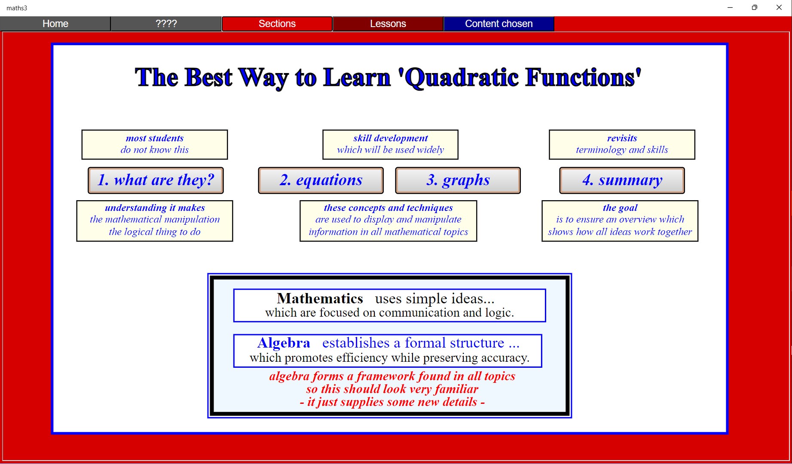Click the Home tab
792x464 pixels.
coord(55,24)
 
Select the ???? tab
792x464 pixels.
coord(166,24)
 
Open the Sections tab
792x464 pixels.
coord(277,24)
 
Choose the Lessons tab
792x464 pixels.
coord(388,24)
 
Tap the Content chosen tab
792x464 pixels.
coord(499,24)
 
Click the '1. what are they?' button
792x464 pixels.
coord(156,180)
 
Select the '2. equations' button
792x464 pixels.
coord(321,180)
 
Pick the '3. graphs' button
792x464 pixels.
coord(458,180)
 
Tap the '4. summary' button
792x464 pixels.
coord(622,180)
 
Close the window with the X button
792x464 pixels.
coord(779,7)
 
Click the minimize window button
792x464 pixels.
coord(730,7)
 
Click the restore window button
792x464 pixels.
coord(754,7)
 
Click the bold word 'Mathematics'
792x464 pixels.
coord(320,298)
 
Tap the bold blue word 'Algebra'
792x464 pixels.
coord(284,343)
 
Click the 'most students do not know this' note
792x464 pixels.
coord(155,144)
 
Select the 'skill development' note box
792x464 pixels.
coord(391,144)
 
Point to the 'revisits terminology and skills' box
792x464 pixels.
coord(622,144)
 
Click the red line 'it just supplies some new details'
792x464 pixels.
coord(392,402)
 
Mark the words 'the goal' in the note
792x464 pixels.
coord(620,208)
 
